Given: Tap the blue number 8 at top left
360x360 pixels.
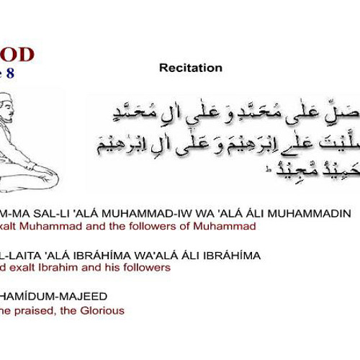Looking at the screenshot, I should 10,73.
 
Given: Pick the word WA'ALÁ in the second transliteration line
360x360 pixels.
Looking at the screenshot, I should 145,256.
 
